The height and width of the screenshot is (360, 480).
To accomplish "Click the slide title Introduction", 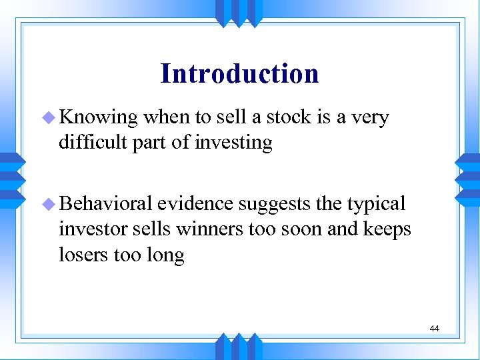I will (x=239, y=73).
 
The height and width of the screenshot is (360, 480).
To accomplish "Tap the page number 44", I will (x=434, y=328).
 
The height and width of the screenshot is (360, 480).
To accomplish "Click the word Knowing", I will (x=99, y=118).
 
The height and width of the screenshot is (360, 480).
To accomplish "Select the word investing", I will (x=233, y=143).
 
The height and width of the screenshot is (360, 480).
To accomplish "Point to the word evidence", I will (x=196, y=203).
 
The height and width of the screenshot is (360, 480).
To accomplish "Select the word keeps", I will (x=386, y=230).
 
